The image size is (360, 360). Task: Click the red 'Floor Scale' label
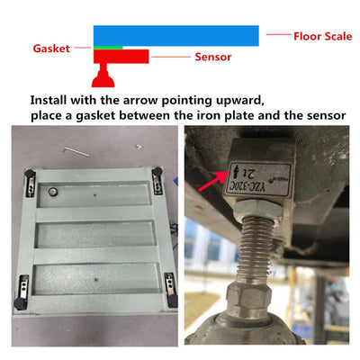pos(323,36)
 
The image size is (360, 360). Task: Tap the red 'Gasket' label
pos(51,49)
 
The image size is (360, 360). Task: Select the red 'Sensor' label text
pos(213,57)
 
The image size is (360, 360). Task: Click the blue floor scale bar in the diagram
pos(176,36)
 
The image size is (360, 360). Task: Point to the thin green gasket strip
pos(108,48)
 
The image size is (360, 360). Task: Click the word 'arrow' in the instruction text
pos(140,101)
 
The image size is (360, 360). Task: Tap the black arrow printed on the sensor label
pos(236,171)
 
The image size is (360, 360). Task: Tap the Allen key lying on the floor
pos(76,152)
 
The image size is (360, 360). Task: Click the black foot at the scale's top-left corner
pos(30,174)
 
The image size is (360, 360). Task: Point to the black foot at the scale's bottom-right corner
pos(172,301)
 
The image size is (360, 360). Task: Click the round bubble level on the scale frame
pos(53,191)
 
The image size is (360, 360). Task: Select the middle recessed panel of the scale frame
pos(95,235)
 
